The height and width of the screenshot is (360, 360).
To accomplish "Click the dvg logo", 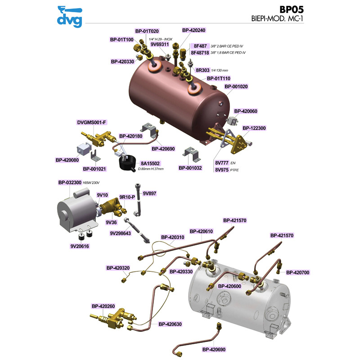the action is coord(70,17).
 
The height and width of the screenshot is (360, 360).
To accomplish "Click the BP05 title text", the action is coord(291,9).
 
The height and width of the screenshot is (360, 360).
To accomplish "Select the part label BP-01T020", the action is coord(147,31).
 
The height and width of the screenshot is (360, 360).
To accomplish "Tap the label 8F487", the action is coord(200,46).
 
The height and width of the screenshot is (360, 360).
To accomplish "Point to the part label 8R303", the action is coord(202,70).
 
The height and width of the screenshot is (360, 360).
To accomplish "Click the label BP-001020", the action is coord(236,86).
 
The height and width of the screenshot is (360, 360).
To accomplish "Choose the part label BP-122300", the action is coord(254,128).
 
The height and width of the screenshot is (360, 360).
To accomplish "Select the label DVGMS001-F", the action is coord(92,122).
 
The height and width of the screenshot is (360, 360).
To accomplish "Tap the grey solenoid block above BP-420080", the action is coord(84,149).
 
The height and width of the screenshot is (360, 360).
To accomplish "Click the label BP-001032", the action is coord(190,168).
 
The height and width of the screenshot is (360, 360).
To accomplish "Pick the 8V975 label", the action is coord(222,170).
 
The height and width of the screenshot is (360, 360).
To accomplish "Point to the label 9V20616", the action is coord(80,246).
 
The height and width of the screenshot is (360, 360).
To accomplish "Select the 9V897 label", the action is coord(149,193).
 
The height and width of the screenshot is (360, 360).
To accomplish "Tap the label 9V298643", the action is coord(120,233).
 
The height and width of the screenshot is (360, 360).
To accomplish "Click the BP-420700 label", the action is coord(298,273).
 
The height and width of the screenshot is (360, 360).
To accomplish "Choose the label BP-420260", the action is coord(103,306).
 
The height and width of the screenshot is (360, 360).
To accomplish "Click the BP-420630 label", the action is coord(170,324).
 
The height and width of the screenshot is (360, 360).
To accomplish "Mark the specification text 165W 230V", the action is coord(91,183).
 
